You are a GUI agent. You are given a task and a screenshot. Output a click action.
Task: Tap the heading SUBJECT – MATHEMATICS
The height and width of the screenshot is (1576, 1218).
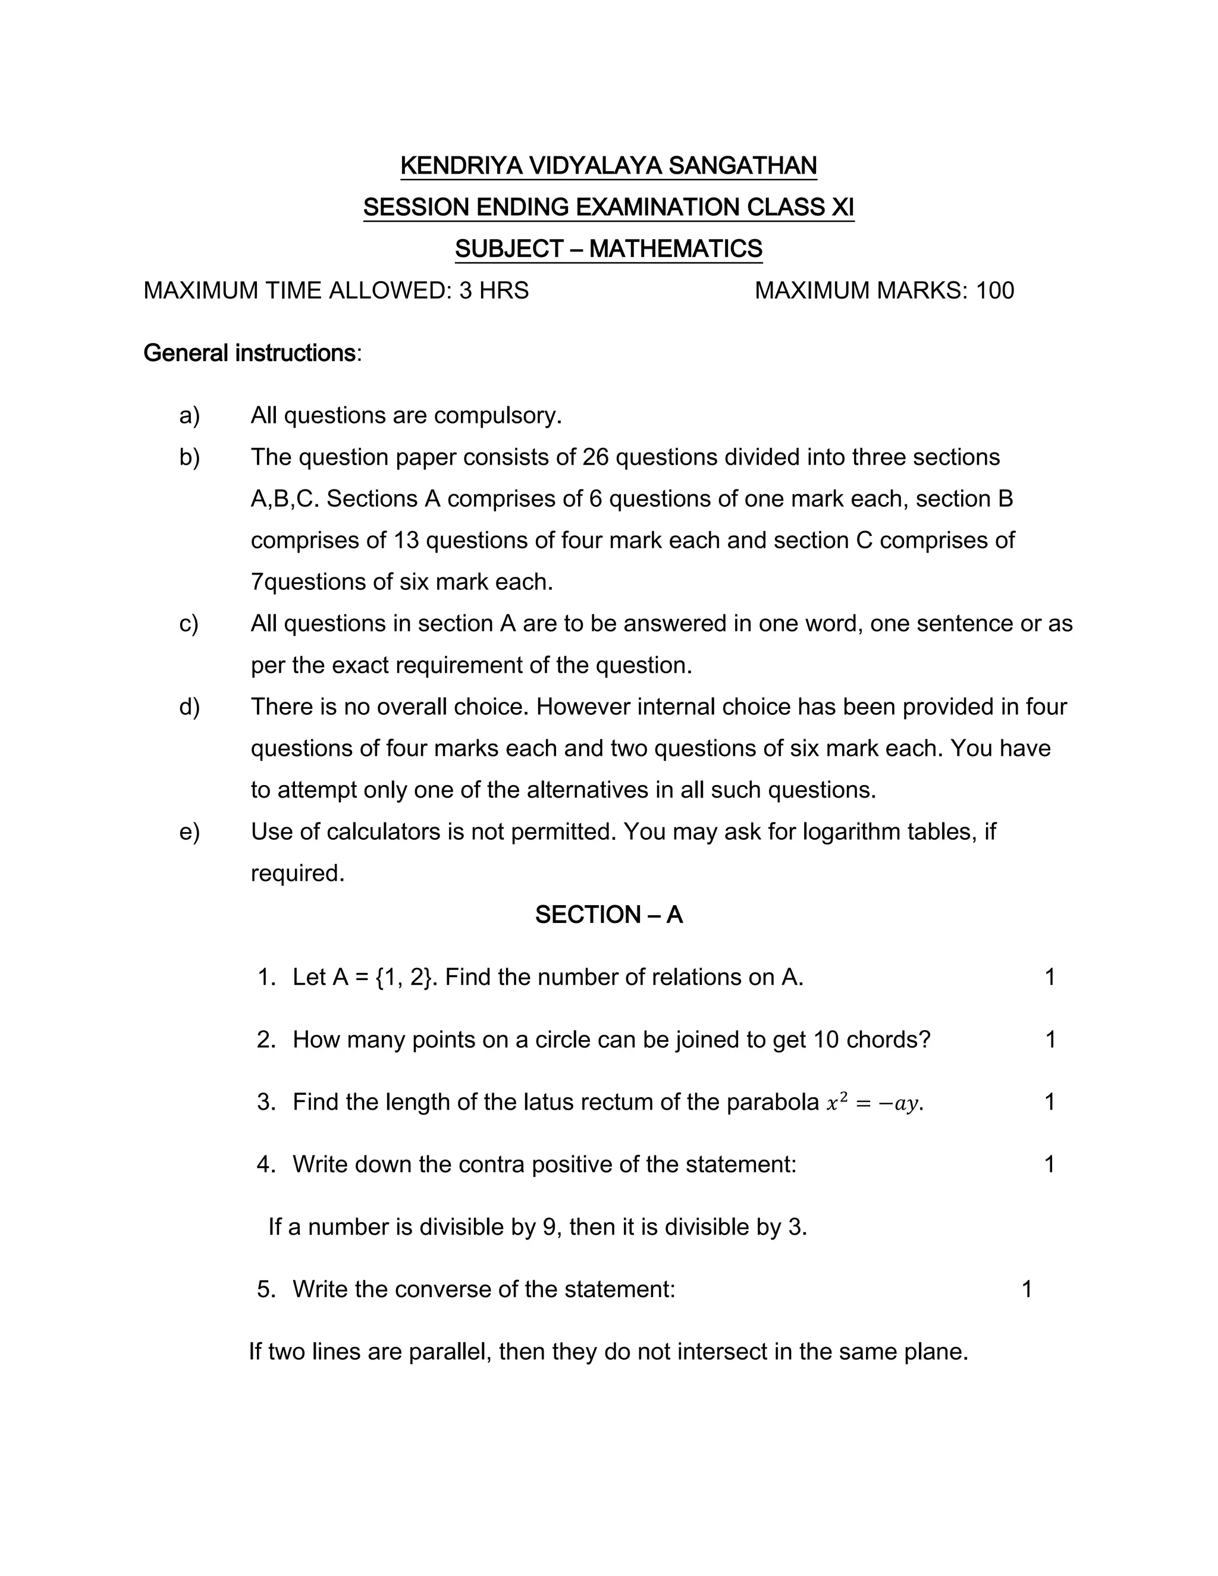coord(608,249)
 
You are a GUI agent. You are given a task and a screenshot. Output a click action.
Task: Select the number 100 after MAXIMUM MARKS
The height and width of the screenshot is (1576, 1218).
coord(995,291)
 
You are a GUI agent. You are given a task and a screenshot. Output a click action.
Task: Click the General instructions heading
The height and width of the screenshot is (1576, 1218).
coord(250,354)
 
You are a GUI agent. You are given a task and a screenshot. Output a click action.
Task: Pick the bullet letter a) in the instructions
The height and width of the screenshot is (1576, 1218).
coord(189,416)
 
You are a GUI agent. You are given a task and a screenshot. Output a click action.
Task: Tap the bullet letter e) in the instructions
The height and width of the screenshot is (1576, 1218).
coord(189,832)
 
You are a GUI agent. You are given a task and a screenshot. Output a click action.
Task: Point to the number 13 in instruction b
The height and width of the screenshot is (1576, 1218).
coord(406,541)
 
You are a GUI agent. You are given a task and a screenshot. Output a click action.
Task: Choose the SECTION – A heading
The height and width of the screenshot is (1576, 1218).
coord(608,915)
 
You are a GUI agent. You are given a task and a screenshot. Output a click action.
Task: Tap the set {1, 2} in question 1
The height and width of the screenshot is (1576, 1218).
coord(405,978)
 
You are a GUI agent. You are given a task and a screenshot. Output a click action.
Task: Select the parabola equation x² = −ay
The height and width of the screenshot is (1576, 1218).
coord(873,1103)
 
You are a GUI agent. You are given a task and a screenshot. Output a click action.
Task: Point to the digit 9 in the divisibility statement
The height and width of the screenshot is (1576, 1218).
coord(549,1227)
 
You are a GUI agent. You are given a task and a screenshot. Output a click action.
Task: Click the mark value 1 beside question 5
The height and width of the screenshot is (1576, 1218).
coord(1026,1289)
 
